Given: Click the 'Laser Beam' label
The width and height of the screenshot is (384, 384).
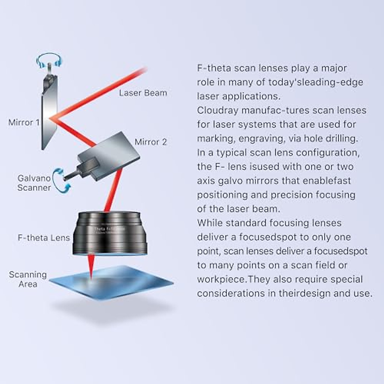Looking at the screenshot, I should click(x=143, y=93).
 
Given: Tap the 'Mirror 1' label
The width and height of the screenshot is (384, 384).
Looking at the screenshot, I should click(x=24, y=122).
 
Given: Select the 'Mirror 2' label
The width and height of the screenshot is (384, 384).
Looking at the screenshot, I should click(x=151, y=142).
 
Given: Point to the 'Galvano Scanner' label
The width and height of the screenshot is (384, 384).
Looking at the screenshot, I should click(x=34, y=183).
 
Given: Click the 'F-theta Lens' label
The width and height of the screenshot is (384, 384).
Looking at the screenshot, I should click(x=44, y=238).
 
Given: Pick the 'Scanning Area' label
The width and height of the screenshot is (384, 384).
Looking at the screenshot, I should click(x=28, y=279).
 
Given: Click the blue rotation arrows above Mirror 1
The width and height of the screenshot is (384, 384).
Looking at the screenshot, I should click(x=49, y=61).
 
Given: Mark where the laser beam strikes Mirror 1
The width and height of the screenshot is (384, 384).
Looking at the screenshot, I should click(x=51, y=118).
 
